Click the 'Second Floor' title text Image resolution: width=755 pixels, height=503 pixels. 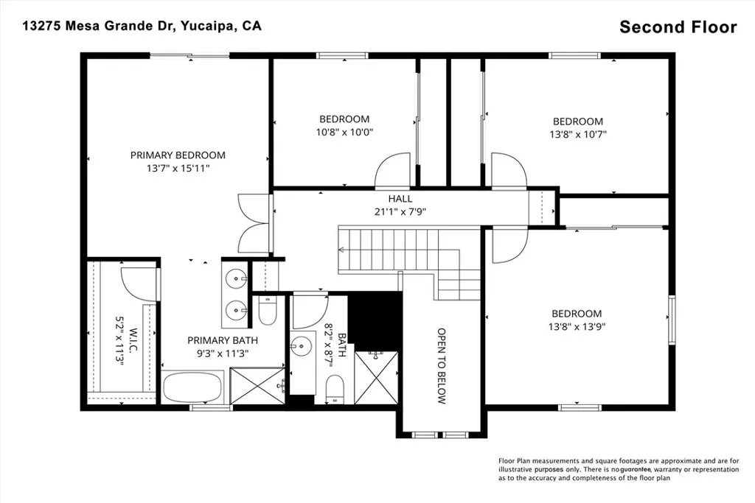coord(678,27)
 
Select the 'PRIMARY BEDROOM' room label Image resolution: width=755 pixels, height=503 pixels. coord(178,155)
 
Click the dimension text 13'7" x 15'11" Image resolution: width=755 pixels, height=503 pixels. coord(178,169)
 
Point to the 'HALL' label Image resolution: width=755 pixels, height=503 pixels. coord(400,199)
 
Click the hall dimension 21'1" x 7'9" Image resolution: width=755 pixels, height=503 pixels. coord(400,211)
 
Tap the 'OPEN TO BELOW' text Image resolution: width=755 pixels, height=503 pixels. coord(442,366)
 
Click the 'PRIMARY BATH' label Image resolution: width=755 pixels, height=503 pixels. coord(222,340)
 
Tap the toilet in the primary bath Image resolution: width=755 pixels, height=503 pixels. coord(268,312)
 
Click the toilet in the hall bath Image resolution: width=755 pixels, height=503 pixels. coord(335,388)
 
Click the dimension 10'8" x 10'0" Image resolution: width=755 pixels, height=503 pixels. coord(344,133)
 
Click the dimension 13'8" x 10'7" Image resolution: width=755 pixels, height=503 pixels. coord(578,135)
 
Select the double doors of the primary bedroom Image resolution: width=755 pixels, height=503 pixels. coord(250,225)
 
